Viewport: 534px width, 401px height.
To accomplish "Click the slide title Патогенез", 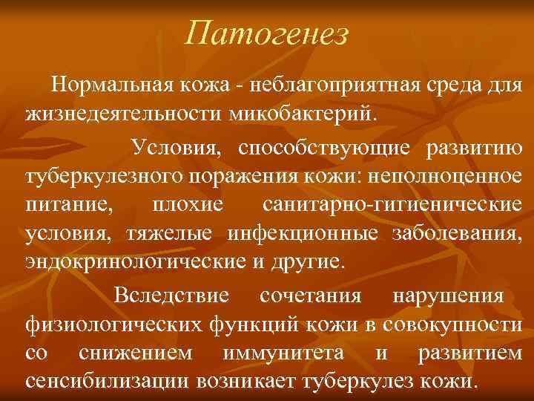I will [267, 33].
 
